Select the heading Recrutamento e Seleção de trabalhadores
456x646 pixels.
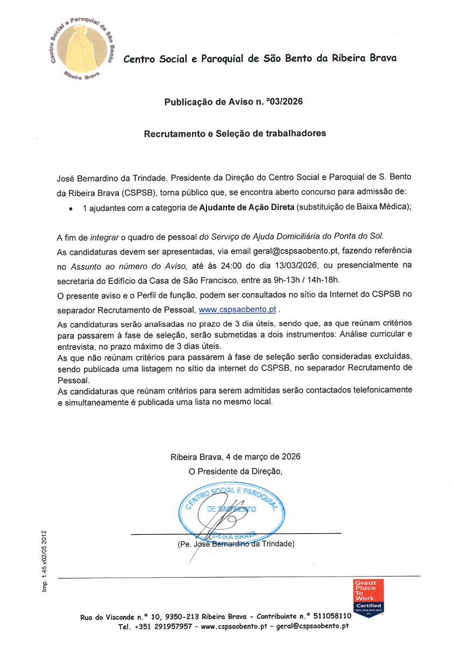click(234, 134)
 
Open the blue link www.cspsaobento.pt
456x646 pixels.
click(237, 310)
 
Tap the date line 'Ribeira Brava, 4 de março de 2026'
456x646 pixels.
click(235, 457)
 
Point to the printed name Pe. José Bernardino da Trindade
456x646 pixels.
click(236, 544)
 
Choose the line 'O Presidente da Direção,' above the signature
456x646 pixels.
click(235, 471)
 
